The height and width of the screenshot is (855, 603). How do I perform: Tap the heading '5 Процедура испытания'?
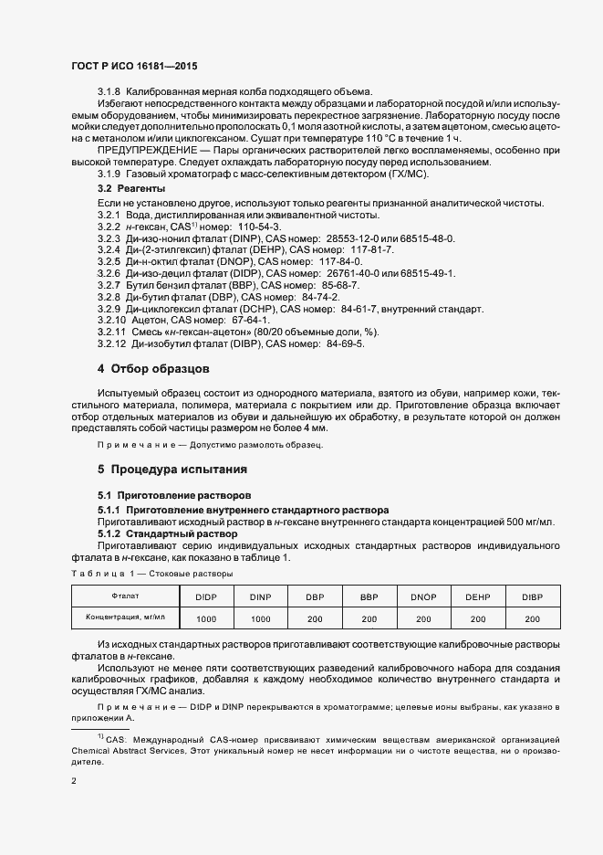point(172,470)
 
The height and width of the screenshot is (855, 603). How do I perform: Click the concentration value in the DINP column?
point(260,619)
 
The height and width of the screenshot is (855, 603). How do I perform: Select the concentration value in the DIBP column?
point(532,619)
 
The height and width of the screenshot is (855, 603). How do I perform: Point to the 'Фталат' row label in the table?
point(125,596)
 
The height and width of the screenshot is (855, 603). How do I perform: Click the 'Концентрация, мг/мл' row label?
point(125,617)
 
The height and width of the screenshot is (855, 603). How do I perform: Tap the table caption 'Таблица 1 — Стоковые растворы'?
point(151,573)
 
